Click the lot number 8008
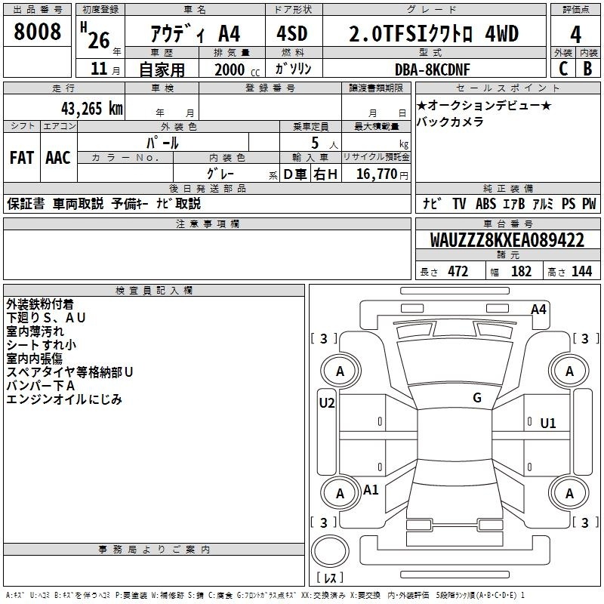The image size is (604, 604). pyautogui.click(x=37, y=32)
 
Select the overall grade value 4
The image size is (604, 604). pyautogui.click(x=575, y=35)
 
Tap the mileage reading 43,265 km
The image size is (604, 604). pyautogui.click(x=92, y=108)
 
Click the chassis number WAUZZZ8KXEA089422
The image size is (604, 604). pyautogui.click(x=507, y=240)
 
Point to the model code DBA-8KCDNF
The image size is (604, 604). pyautogui.click(x=433, y=69)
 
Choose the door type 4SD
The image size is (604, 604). pyautogui.click(x=292, y=33)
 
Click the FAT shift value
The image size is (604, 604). pyautogui.click(x=22, y=158)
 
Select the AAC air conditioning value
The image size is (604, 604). pyautogui.click(x=58, y=158)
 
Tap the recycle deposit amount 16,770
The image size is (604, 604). pyautogui.click(x=377, y=174)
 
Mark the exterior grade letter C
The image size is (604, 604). pyautogui.click(x=563, y=69)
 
